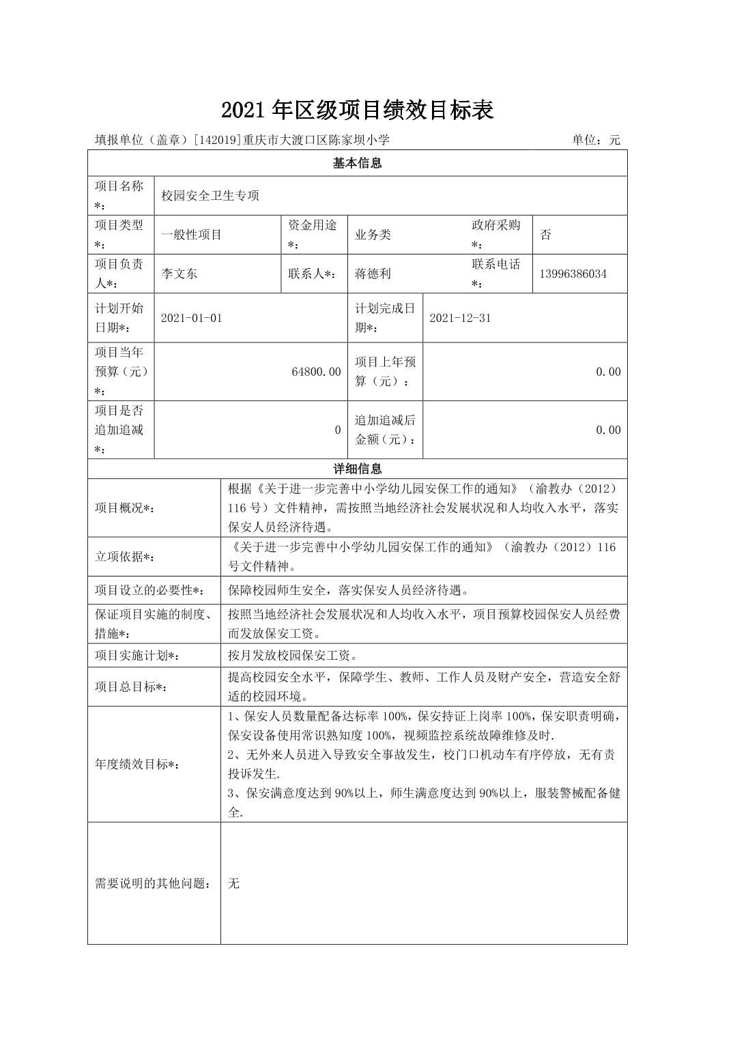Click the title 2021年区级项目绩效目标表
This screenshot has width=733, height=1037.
357,110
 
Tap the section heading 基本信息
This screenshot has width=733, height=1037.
357,163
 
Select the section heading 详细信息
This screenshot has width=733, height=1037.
357,469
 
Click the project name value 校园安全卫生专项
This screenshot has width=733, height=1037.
210,196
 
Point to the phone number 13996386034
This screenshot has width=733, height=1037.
573,274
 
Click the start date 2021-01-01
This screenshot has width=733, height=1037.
192,318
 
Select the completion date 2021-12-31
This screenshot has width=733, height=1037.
461,318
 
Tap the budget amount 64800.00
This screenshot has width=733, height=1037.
316,372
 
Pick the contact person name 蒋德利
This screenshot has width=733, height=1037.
373,274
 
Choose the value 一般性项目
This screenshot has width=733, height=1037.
192,235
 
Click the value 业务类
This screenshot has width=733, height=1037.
373,235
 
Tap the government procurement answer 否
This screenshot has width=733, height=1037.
545,235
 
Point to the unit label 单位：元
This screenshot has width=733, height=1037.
596,140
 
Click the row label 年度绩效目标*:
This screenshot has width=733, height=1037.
137,765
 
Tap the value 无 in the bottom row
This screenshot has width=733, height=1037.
234,883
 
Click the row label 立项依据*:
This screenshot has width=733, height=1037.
125,557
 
